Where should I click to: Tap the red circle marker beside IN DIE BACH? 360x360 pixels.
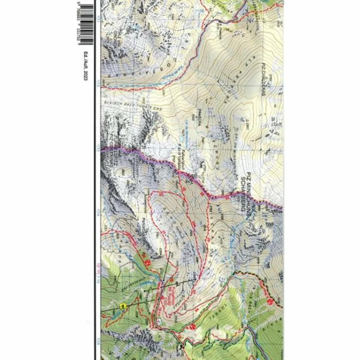click(270, 301)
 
